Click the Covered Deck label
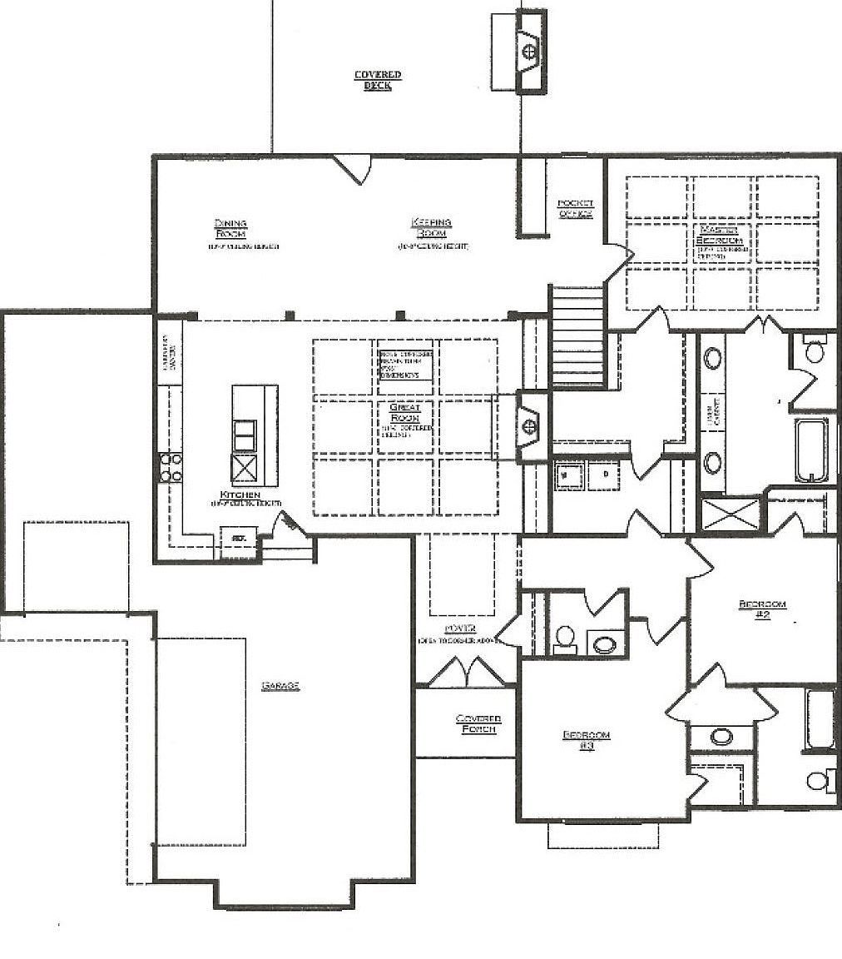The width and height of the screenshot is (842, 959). [378, 80]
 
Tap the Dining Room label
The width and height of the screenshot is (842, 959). [230, 228]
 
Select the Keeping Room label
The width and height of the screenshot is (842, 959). [431, 227]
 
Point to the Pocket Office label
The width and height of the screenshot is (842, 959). [575, 209]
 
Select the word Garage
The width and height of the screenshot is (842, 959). [280, 686]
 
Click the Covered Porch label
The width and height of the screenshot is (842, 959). [478, 723]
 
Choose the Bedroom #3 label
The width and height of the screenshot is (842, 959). [586, 740]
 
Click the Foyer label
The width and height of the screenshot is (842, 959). [460, 629]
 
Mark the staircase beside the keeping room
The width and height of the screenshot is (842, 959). [577, 337]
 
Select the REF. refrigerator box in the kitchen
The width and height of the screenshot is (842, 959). [237, 539]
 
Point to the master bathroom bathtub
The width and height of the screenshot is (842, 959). [813, 450]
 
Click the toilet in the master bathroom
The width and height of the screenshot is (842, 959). [813, 350]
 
